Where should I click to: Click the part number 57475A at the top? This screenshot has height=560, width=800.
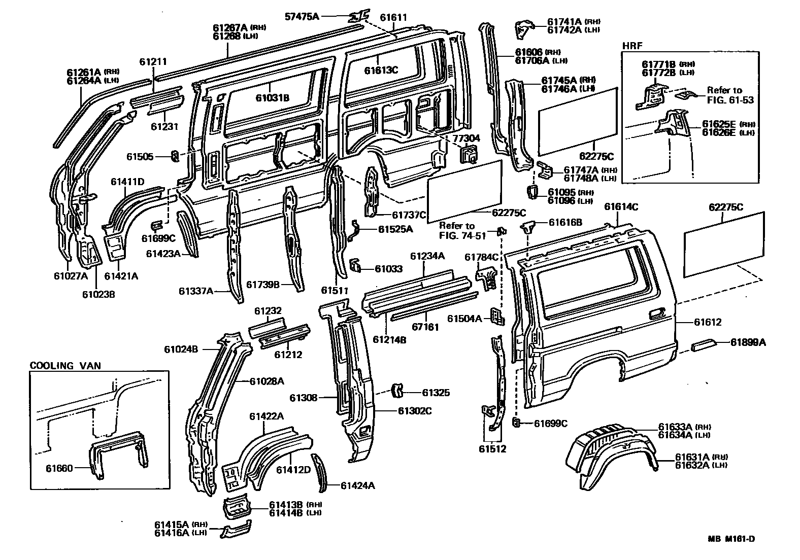(302, 17)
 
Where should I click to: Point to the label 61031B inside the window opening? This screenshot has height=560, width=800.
(272, 98)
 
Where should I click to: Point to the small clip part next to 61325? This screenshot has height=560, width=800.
(397, 392)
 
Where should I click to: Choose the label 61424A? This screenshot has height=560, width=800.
(357, 486)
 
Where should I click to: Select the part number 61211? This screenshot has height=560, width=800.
(153, 61)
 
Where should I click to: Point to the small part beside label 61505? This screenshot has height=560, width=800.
(174, 156)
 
